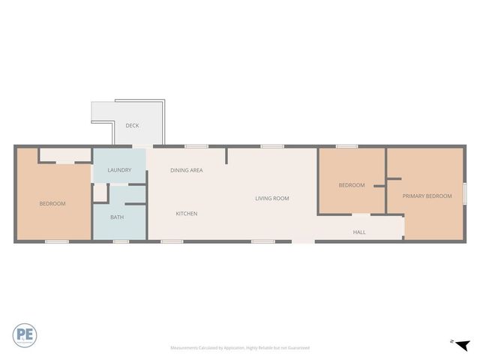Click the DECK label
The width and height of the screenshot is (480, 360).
(132, 125)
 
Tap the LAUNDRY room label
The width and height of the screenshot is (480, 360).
(119, 170)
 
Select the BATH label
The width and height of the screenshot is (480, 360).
(117, 217)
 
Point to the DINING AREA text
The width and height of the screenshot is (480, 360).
(186, 170)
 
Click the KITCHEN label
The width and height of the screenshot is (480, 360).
(186, 214)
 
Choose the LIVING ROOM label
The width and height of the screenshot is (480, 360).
(271, 198)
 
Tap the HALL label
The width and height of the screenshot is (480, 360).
(359, 232)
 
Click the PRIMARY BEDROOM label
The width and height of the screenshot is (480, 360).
(427, 196)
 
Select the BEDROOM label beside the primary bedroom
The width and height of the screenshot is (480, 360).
(351, 185)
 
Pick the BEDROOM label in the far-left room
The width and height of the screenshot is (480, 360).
(52, 204)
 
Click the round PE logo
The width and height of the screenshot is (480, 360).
(25, 334)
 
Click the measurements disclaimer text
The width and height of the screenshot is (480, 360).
(239, 348)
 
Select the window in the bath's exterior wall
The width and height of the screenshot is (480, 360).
(121, 241)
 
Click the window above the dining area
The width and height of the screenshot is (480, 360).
(196, 145)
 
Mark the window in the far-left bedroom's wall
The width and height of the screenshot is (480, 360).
(57, 241)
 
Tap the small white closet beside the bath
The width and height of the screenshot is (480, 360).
(100, 192)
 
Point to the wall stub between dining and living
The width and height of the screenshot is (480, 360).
(226, 155)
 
